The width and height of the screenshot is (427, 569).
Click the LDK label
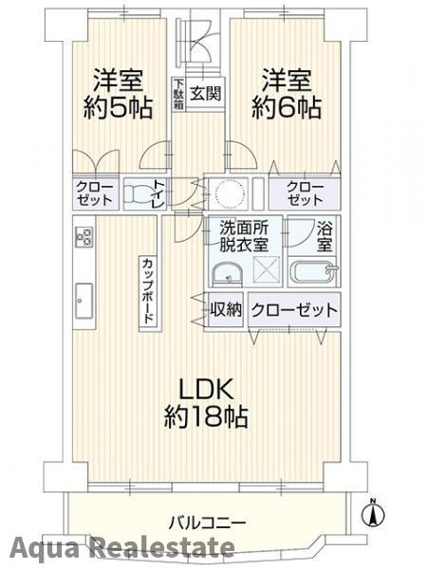[202, 390]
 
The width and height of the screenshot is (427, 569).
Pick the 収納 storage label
[226, 310]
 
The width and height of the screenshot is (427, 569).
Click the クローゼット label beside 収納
[294, 310]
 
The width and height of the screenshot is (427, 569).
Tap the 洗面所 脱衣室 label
[246, 235]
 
